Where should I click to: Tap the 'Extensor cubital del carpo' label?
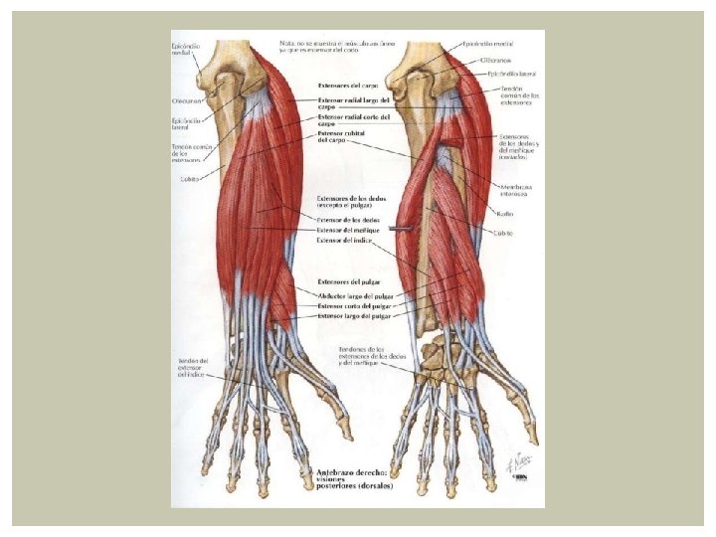click(x=342, y=137)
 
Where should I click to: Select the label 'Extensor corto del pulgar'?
click(x=353, y=305)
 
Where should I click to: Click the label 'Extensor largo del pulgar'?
click(x=353, y=315)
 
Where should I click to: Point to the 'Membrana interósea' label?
click(x=515, y=192)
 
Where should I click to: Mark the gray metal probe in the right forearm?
click(x=401, y=228)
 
